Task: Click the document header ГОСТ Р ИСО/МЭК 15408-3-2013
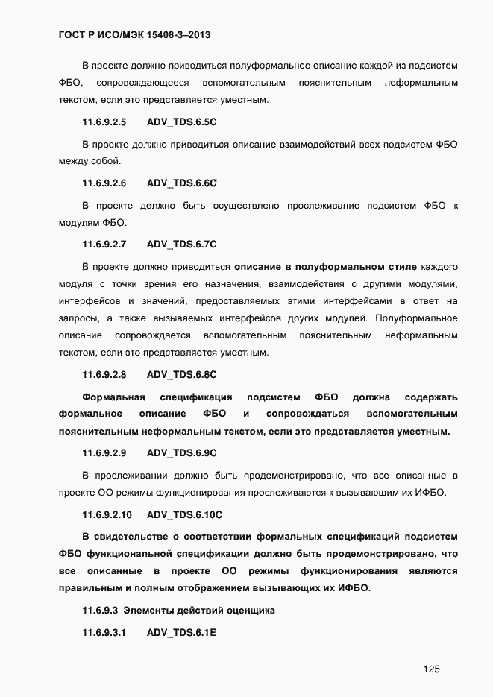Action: tap(137, 34)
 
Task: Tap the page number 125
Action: tap(430, 669)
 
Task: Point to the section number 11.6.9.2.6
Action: tap(104, 183)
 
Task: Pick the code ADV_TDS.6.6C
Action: tap(181, 183)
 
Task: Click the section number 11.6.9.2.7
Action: tap(104, 244)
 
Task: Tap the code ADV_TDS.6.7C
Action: tap(181, 244)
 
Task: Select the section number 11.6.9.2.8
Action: tap(104, 374)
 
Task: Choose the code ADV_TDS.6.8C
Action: tap(181, 374)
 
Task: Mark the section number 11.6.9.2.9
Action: tap(104, 452)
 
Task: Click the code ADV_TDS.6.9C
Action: tap(181, 452)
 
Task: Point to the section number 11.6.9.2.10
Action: tap(107, 514)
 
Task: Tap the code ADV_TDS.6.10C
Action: tap(184, 514)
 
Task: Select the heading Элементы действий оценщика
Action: tap(199, 611)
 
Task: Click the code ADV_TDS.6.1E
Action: tap(181, 633)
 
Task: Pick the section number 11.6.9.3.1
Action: tap(104, 633)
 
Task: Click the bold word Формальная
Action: tap(113, 397)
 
